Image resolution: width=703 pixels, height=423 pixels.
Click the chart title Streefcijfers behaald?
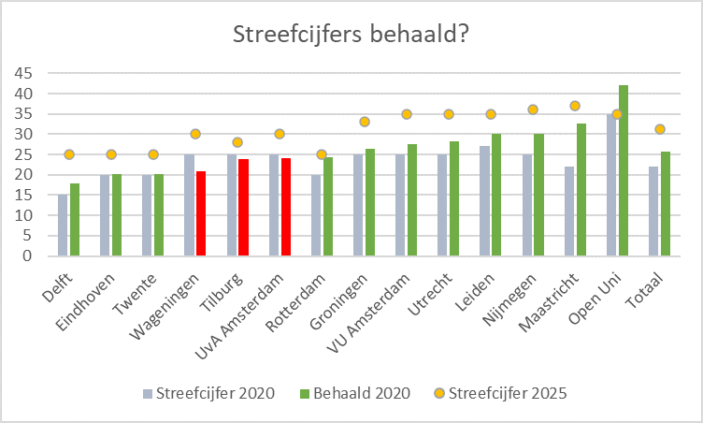click(x=351, y=35)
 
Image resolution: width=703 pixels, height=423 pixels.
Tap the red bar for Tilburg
click(x=244, y=207)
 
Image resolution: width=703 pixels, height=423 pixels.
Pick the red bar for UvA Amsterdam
click(x=286, y=207)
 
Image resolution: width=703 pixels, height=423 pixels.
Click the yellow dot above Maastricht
click(x=575, y=106)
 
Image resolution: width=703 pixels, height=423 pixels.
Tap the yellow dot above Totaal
click(x=659, y=129)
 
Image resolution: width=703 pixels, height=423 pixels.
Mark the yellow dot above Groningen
click(x=365, y=122)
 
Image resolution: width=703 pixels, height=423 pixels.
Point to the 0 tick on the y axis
click(x=30, y=255)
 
